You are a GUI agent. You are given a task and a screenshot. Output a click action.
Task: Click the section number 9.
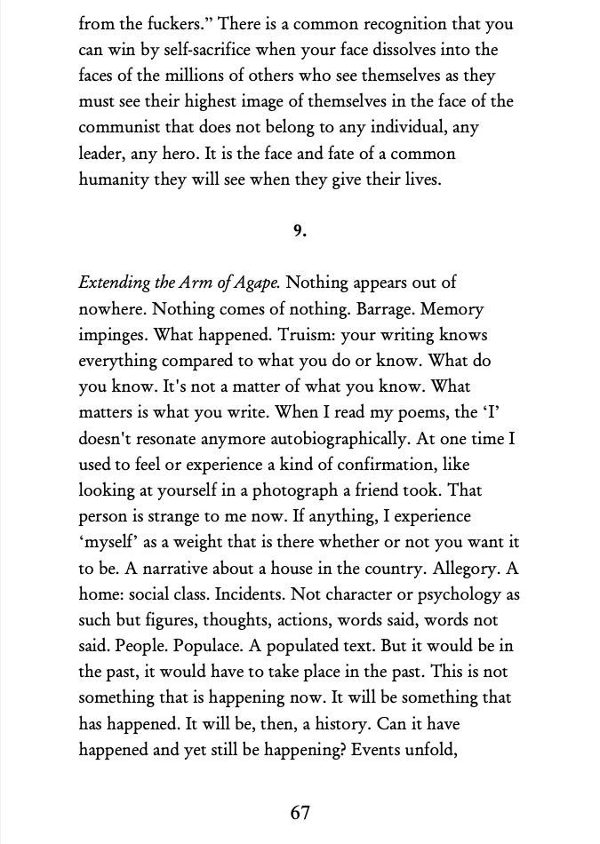coord(300,231)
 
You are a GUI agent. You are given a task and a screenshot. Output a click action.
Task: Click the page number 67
coord(300,812)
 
